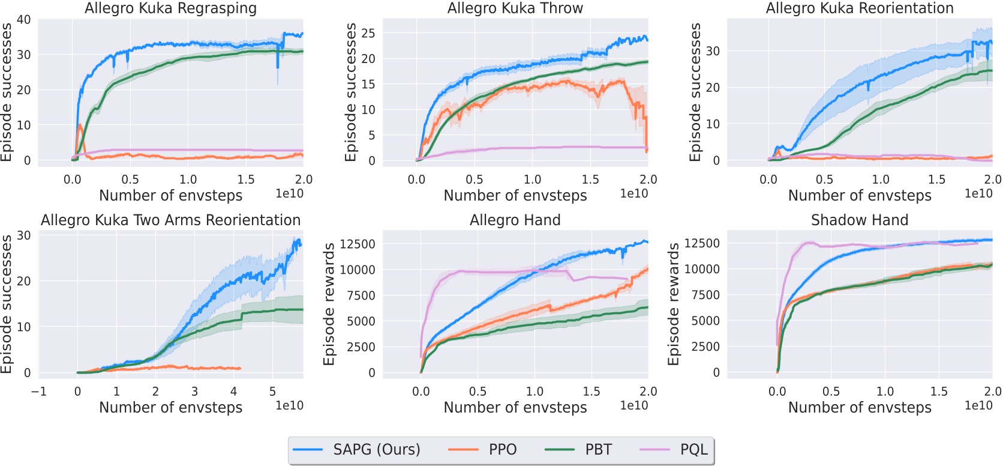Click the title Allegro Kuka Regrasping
click(x=170, y=8)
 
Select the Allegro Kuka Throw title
click(x=515, y=8)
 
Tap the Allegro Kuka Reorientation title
click(x=859, y=8)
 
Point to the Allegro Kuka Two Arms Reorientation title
click(x=170, y=220)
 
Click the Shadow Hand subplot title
click(x=859, y=220)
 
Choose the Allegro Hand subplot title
click(x=515, y=220)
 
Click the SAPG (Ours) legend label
click(x=377, y=450)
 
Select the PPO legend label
click(x=503, y=450)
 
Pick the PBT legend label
click(x=598, y=450)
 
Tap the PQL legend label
click(x=693, y=450)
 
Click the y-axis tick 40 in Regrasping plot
click(x=23, y=20)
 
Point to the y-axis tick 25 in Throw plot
click(x=368, y=33)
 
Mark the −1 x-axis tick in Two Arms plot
click(x=38, y=392)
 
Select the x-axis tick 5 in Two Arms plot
click(x=272, y=392)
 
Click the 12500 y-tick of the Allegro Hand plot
click(x=358, y=244)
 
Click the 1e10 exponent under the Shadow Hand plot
click(x=978, y=405)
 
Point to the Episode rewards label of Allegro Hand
click(x=329, y=304)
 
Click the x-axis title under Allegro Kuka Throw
click(x=515, y=196)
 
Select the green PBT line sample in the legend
click(x=559, y=450)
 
